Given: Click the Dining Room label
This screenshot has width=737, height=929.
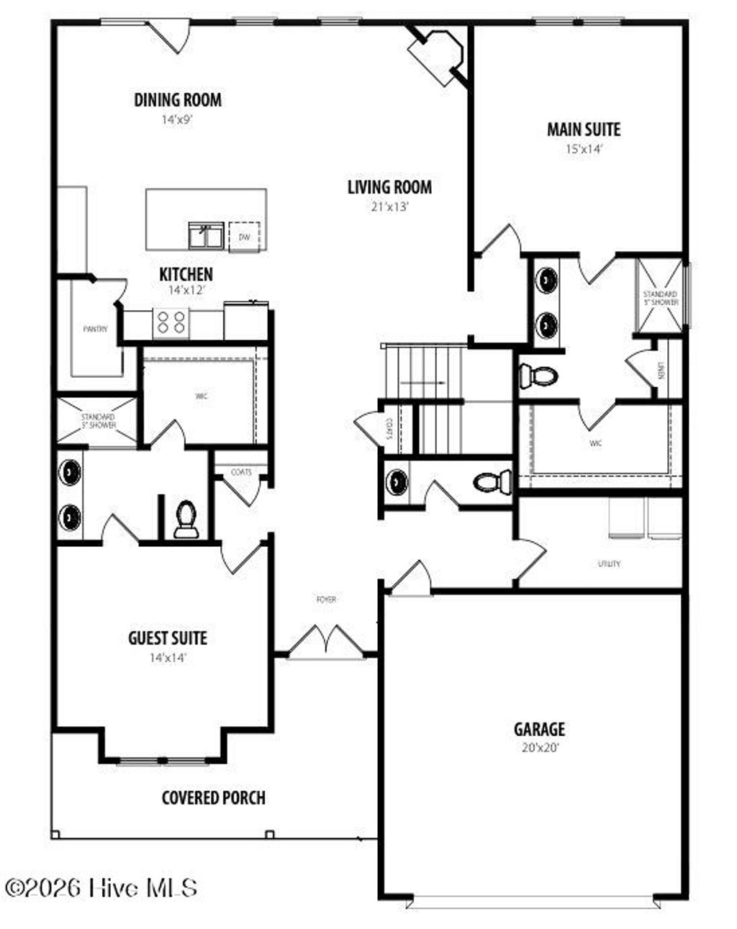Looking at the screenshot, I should tap(178, 99).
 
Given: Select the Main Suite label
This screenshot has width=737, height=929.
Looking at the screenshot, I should tap(583, 130).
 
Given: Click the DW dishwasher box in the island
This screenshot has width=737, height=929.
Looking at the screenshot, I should tap(244, 237).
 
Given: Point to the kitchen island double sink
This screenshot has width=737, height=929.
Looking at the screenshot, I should tap(205, 235).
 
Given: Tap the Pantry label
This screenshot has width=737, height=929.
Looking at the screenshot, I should tap(95, 329).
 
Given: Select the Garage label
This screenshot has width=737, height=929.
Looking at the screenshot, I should tap(539, 729).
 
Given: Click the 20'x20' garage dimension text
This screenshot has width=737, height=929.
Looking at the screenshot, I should tap(540, 748).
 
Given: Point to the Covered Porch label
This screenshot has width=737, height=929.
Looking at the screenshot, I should tap(213, 797).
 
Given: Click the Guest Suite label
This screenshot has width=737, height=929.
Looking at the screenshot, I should tap(168, 638).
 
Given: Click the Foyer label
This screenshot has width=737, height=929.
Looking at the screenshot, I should tap(326, 599).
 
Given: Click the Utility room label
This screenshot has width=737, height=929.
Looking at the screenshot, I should tap(608, 563).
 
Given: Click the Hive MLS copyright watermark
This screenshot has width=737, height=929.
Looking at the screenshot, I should tap(101, 888).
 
